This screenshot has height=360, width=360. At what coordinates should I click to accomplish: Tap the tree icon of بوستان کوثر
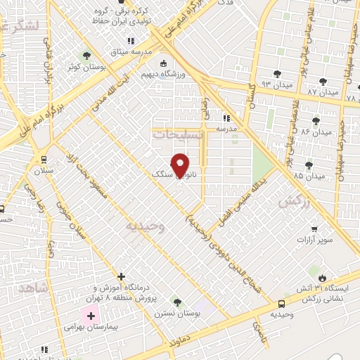(x=87, y=55)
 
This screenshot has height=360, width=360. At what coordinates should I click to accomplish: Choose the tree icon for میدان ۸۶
(x=315, y=121)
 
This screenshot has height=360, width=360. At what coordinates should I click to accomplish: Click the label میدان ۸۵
(x=311, y=176)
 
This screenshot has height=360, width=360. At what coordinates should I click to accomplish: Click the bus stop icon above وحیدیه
(x=282, y=304)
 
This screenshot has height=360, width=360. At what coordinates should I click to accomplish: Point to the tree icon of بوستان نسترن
(x=177, y=302)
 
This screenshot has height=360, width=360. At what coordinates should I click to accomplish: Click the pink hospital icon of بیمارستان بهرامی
(x=91, y=316)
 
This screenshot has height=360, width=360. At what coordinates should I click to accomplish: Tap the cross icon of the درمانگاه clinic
(x=122, y=276)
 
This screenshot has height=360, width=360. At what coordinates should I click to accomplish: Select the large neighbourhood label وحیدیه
(x=146, y=226)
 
